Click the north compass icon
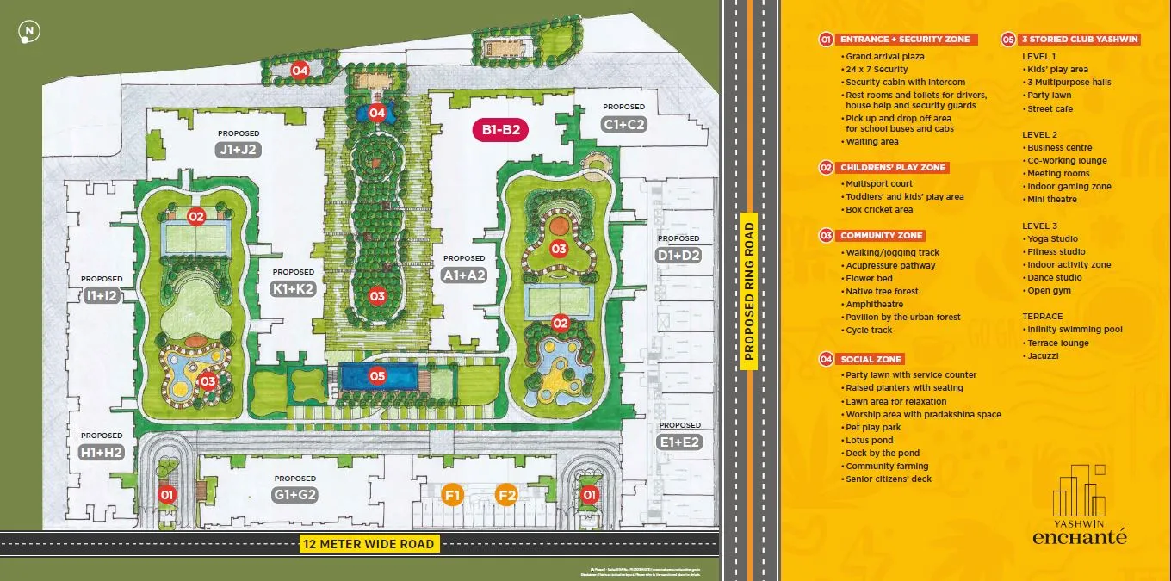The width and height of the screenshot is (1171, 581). pyautogui.click(x=30, y=33)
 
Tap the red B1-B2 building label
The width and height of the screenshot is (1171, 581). pyautogui.click(x=500, y=131)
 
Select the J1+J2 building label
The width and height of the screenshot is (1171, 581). pyautogui.click(x=239, y=149)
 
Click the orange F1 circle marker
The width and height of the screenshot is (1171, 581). pyautogui.click(x=453, y=495)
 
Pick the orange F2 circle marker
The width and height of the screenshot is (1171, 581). pyautogui.click(x=507, y=495)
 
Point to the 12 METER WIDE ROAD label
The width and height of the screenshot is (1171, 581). pyautogui.click(x=369, y=544)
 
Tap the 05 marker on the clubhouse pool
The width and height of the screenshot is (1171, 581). pyautogui.click(x=377, y=375)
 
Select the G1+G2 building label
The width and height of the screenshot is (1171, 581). pyautogui.click(x=295, y=495)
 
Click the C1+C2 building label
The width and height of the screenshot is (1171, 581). pyautogui.click(x=624, y=124)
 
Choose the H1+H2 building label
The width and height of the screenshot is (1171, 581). pyautogui.click(x=102, y=452)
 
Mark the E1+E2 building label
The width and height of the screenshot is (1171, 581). pyautogui.click(x=679, y=442)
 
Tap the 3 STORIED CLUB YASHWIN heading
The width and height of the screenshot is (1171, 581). pyautogui.click(x=1080, y=39)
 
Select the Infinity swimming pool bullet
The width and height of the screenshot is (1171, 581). pyautogui.click(x=1074, y=329)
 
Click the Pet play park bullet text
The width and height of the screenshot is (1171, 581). pyautogui.click(x=873, y=427)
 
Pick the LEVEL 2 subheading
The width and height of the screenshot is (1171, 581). pyautogui.click(x=1039, y=134)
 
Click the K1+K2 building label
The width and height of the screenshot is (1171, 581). pyautogui.click(x=294, y=290)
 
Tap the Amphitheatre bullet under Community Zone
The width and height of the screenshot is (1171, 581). pyautogui.click(x=874, y=304)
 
